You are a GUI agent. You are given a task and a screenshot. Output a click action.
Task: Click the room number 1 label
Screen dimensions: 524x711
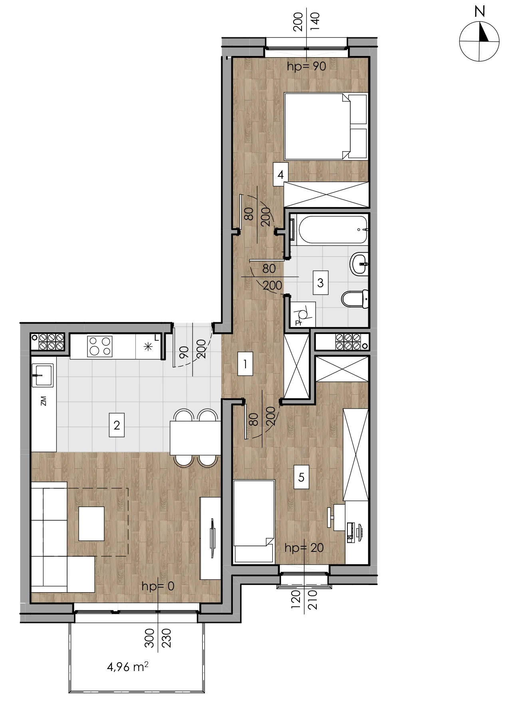pos(245,364)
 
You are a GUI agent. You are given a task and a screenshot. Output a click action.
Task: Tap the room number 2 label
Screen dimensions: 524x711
pos(117,425)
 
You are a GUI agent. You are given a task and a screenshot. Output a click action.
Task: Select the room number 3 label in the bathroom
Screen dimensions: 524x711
pos(320,283)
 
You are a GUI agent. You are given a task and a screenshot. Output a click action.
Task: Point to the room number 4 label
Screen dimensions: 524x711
pos(280,174)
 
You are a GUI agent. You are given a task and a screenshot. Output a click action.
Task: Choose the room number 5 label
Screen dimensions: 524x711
pos(302,477)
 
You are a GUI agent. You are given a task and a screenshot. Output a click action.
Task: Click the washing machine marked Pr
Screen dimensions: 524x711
pos(303,314)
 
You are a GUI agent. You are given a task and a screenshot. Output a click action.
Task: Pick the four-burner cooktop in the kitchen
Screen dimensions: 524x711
pos(100,346)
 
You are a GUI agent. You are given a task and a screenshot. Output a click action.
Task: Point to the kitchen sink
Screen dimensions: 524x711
pos(42,375)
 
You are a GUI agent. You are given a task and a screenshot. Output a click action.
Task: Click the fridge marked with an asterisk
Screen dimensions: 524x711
pos(148,346)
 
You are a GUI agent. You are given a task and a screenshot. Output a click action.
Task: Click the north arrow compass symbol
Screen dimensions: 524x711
pos(479,41)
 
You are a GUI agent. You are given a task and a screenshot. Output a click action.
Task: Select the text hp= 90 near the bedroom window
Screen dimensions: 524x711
pos(307,66)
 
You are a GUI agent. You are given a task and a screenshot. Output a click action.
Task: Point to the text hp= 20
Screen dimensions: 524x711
pos(304,547)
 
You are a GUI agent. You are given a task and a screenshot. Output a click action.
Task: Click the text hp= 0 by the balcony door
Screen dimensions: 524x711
pos(158,586)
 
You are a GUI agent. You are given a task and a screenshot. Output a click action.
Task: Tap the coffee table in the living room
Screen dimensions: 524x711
pos(91,523)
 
